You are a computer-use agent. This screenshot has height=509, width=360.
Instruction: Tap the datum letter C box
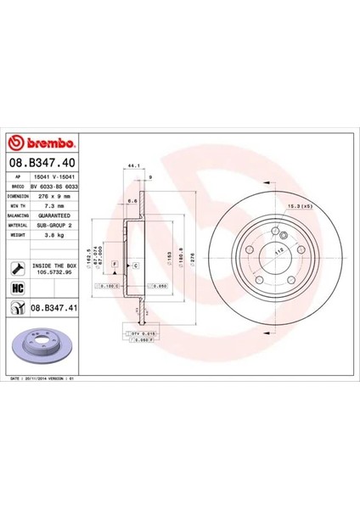tap(135, 266)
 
